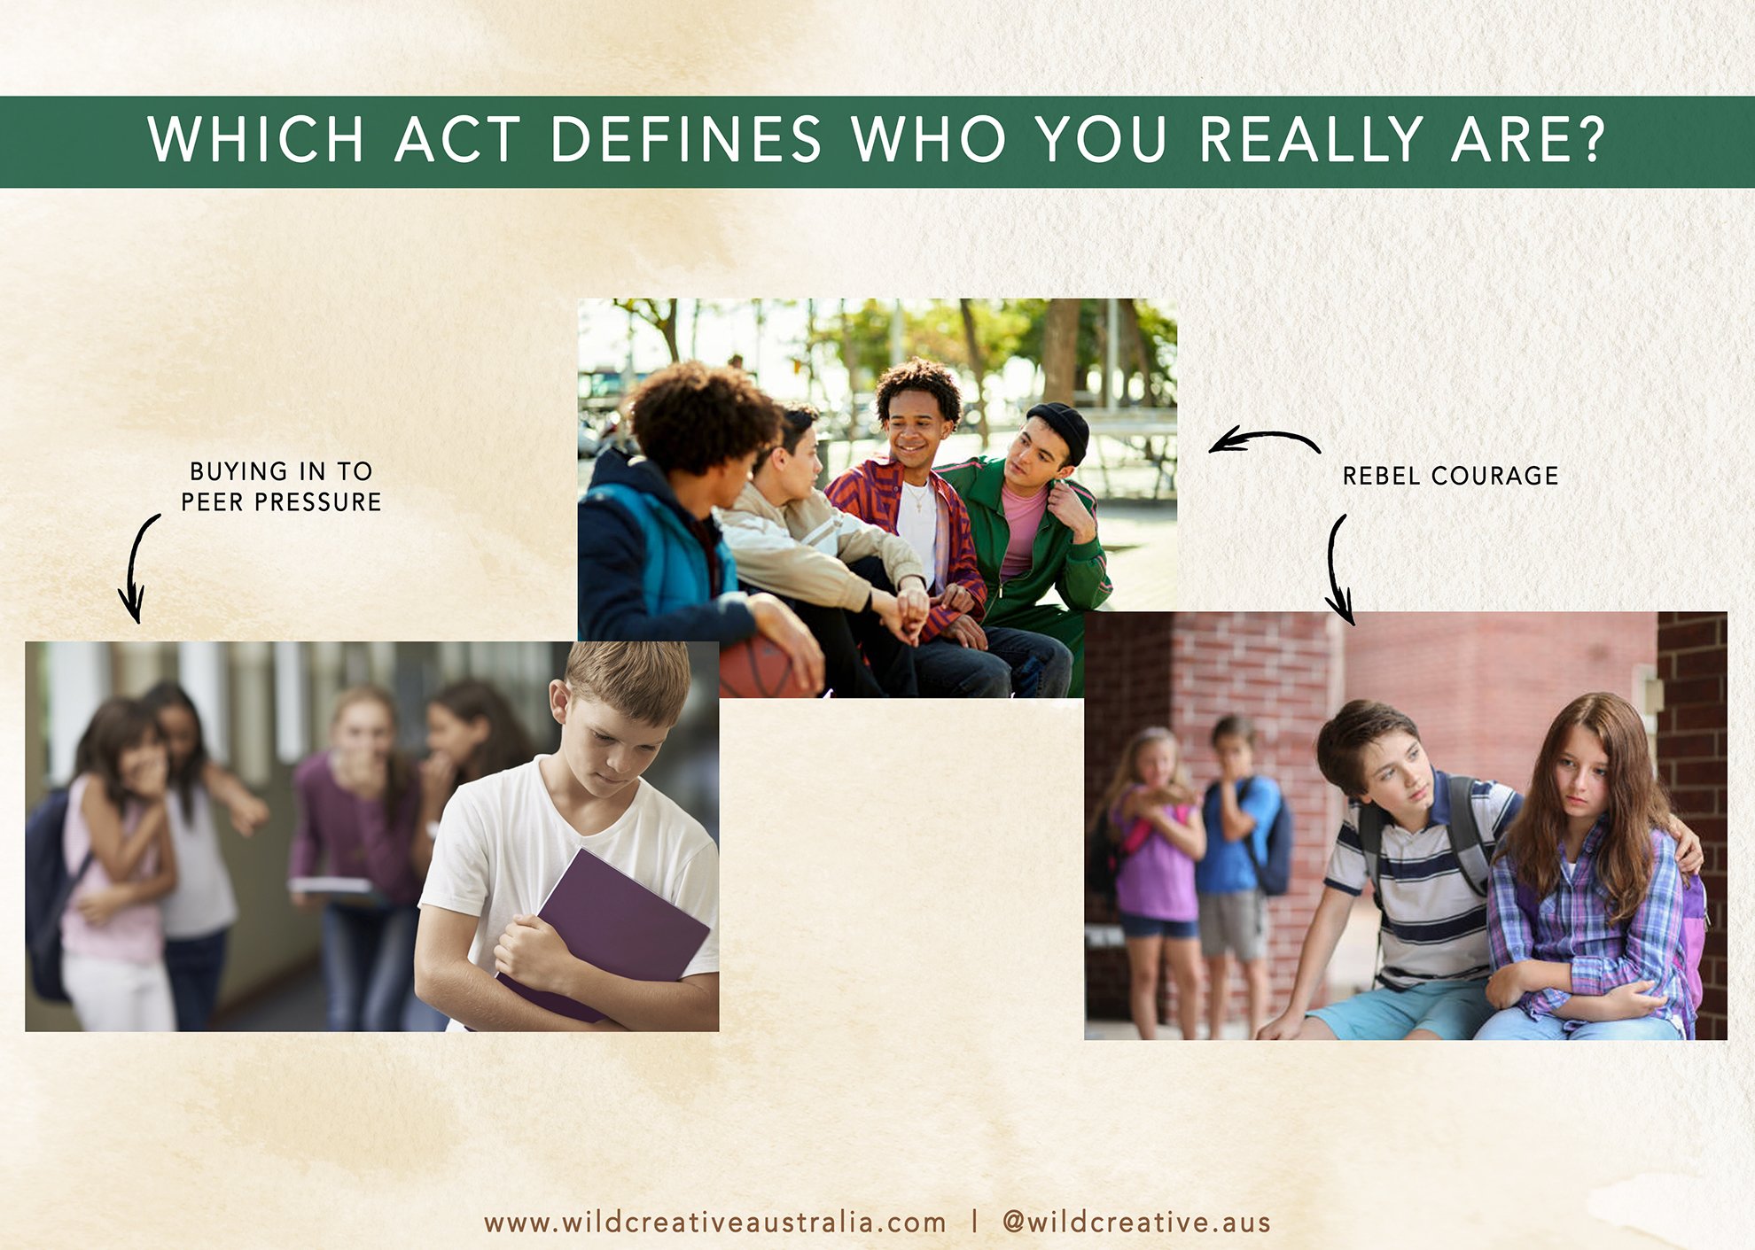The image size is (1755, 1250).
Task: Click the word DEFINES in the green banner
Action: pyautogui.click(x=686, y=139)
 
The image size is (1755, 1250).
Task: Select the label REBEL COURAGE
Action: pyautogui.click(x=1450, y=476)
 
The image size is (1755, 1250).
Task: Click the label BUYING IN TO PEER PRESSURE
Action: pyautogui.click(x=281, y=486)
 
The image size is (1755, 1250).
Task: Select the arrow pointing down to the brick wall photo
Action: pyautogui.click(x=1334, y=567)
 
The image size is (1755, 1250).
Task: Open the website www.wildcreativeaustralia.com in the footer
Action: pyautogui.click(x=714, y=1223)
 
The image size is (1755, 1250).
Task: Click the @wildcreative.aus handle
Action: pyautogui.click(x=1136, y=1223)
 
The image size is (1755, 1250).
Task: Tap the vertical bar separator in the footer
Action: pyautogui.click(x=974, y=1223)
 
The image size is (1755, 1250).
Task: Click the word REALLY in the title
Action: pyautogui.click(x=1311, y=139)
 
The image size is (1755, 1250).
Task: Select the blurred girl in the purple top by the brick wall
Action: pyautogui.click(x=1152, y=877)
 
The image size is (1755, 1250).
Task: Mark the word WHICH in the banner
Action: pyautogui.click(x=256, y=139)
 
